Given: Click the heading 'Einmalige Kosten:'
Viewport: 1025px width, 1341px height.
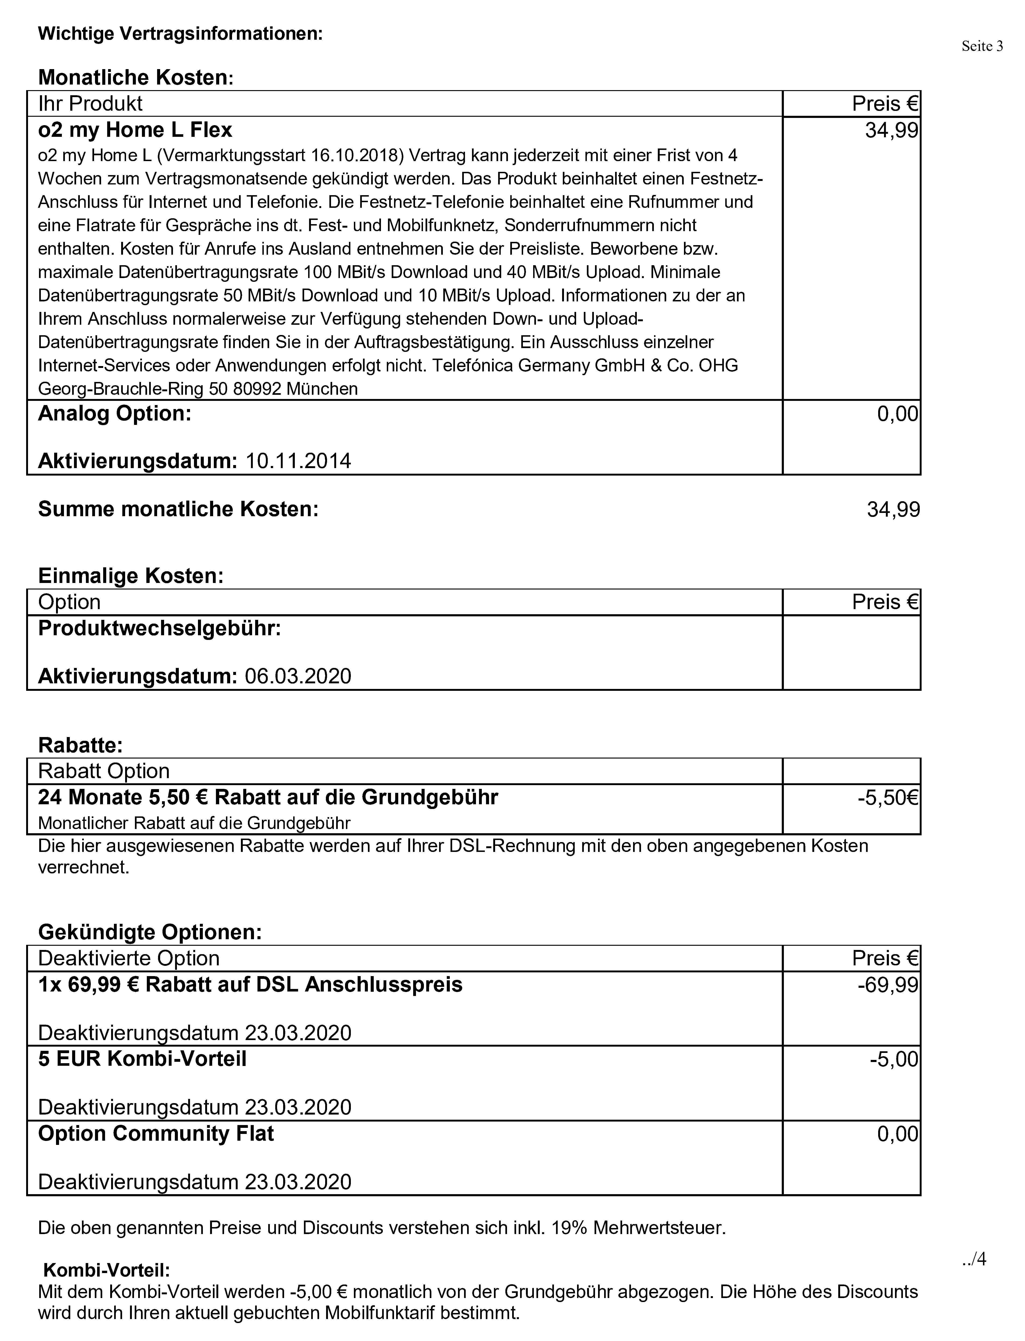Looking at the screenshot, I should tap(130, 575).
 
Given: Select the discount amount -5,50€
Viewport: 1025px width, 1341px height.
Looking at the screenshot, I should tap(888, 798).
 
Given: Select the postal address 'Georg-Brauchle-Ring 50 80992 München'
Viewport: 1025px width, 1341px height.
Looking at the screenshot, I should tap(198, 389).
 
